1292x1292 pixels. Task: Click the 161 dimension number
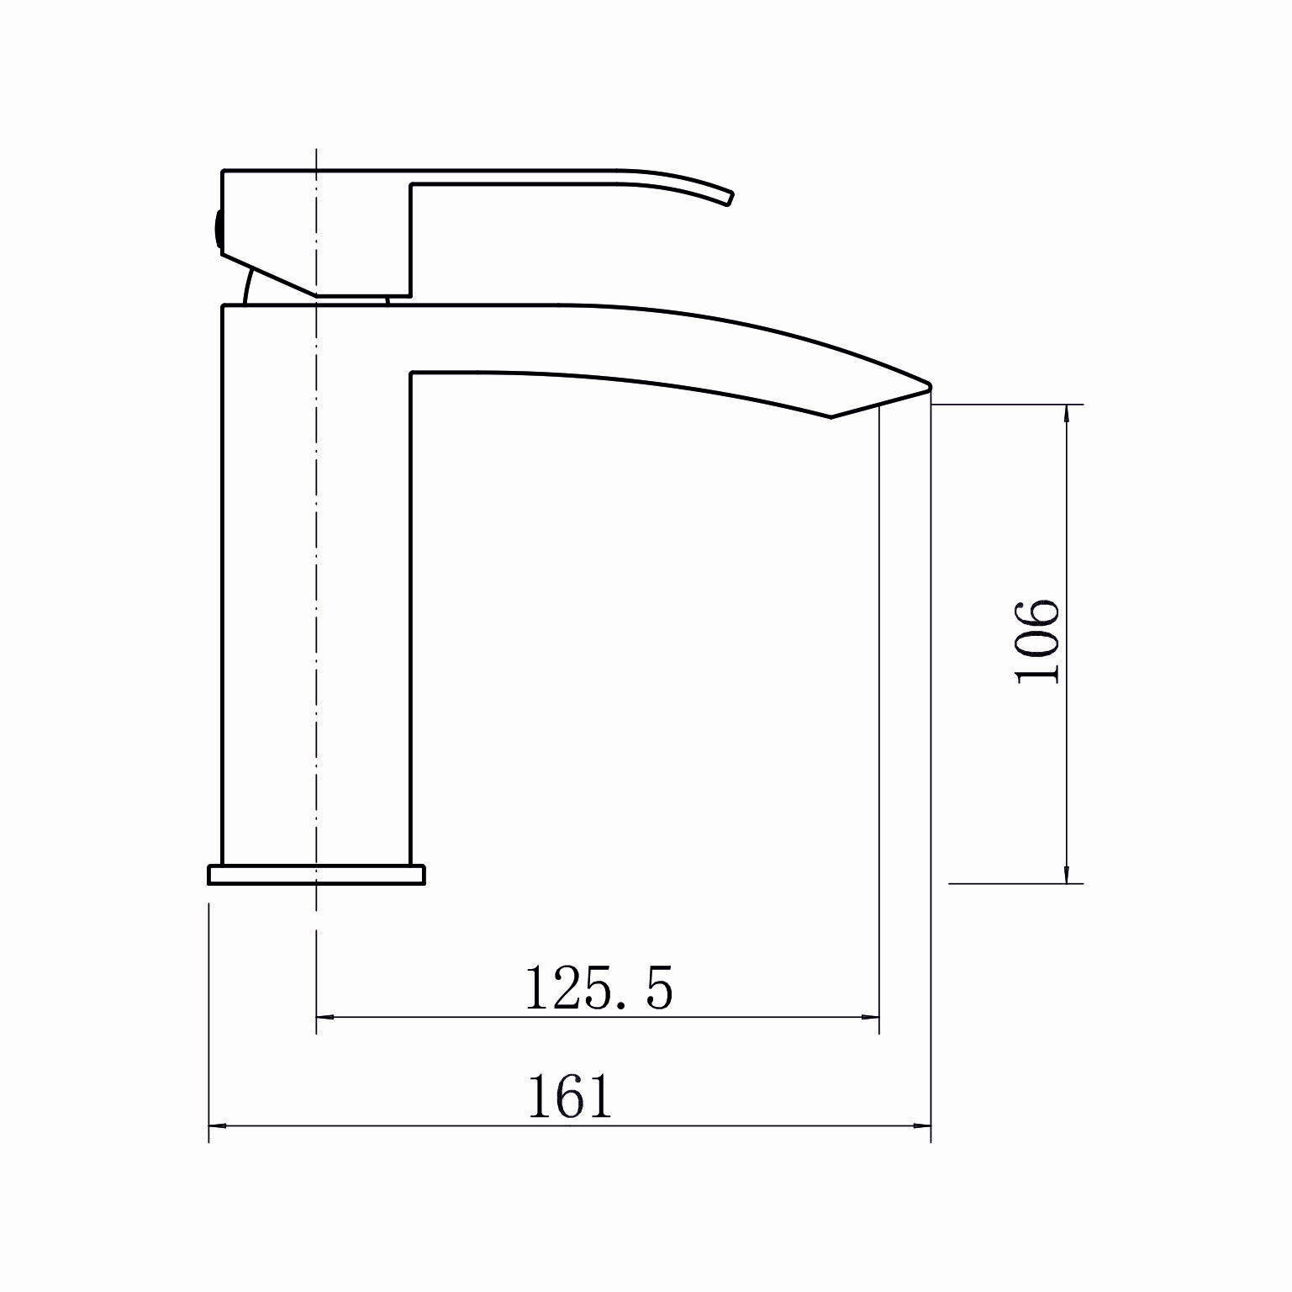point(570,1096)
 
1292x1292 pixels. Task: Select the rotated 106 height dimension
point(1036,642)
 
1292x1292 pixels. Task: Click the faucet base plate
point(316,875)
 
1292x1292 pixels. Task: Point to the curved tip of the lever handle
point(729,198)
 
